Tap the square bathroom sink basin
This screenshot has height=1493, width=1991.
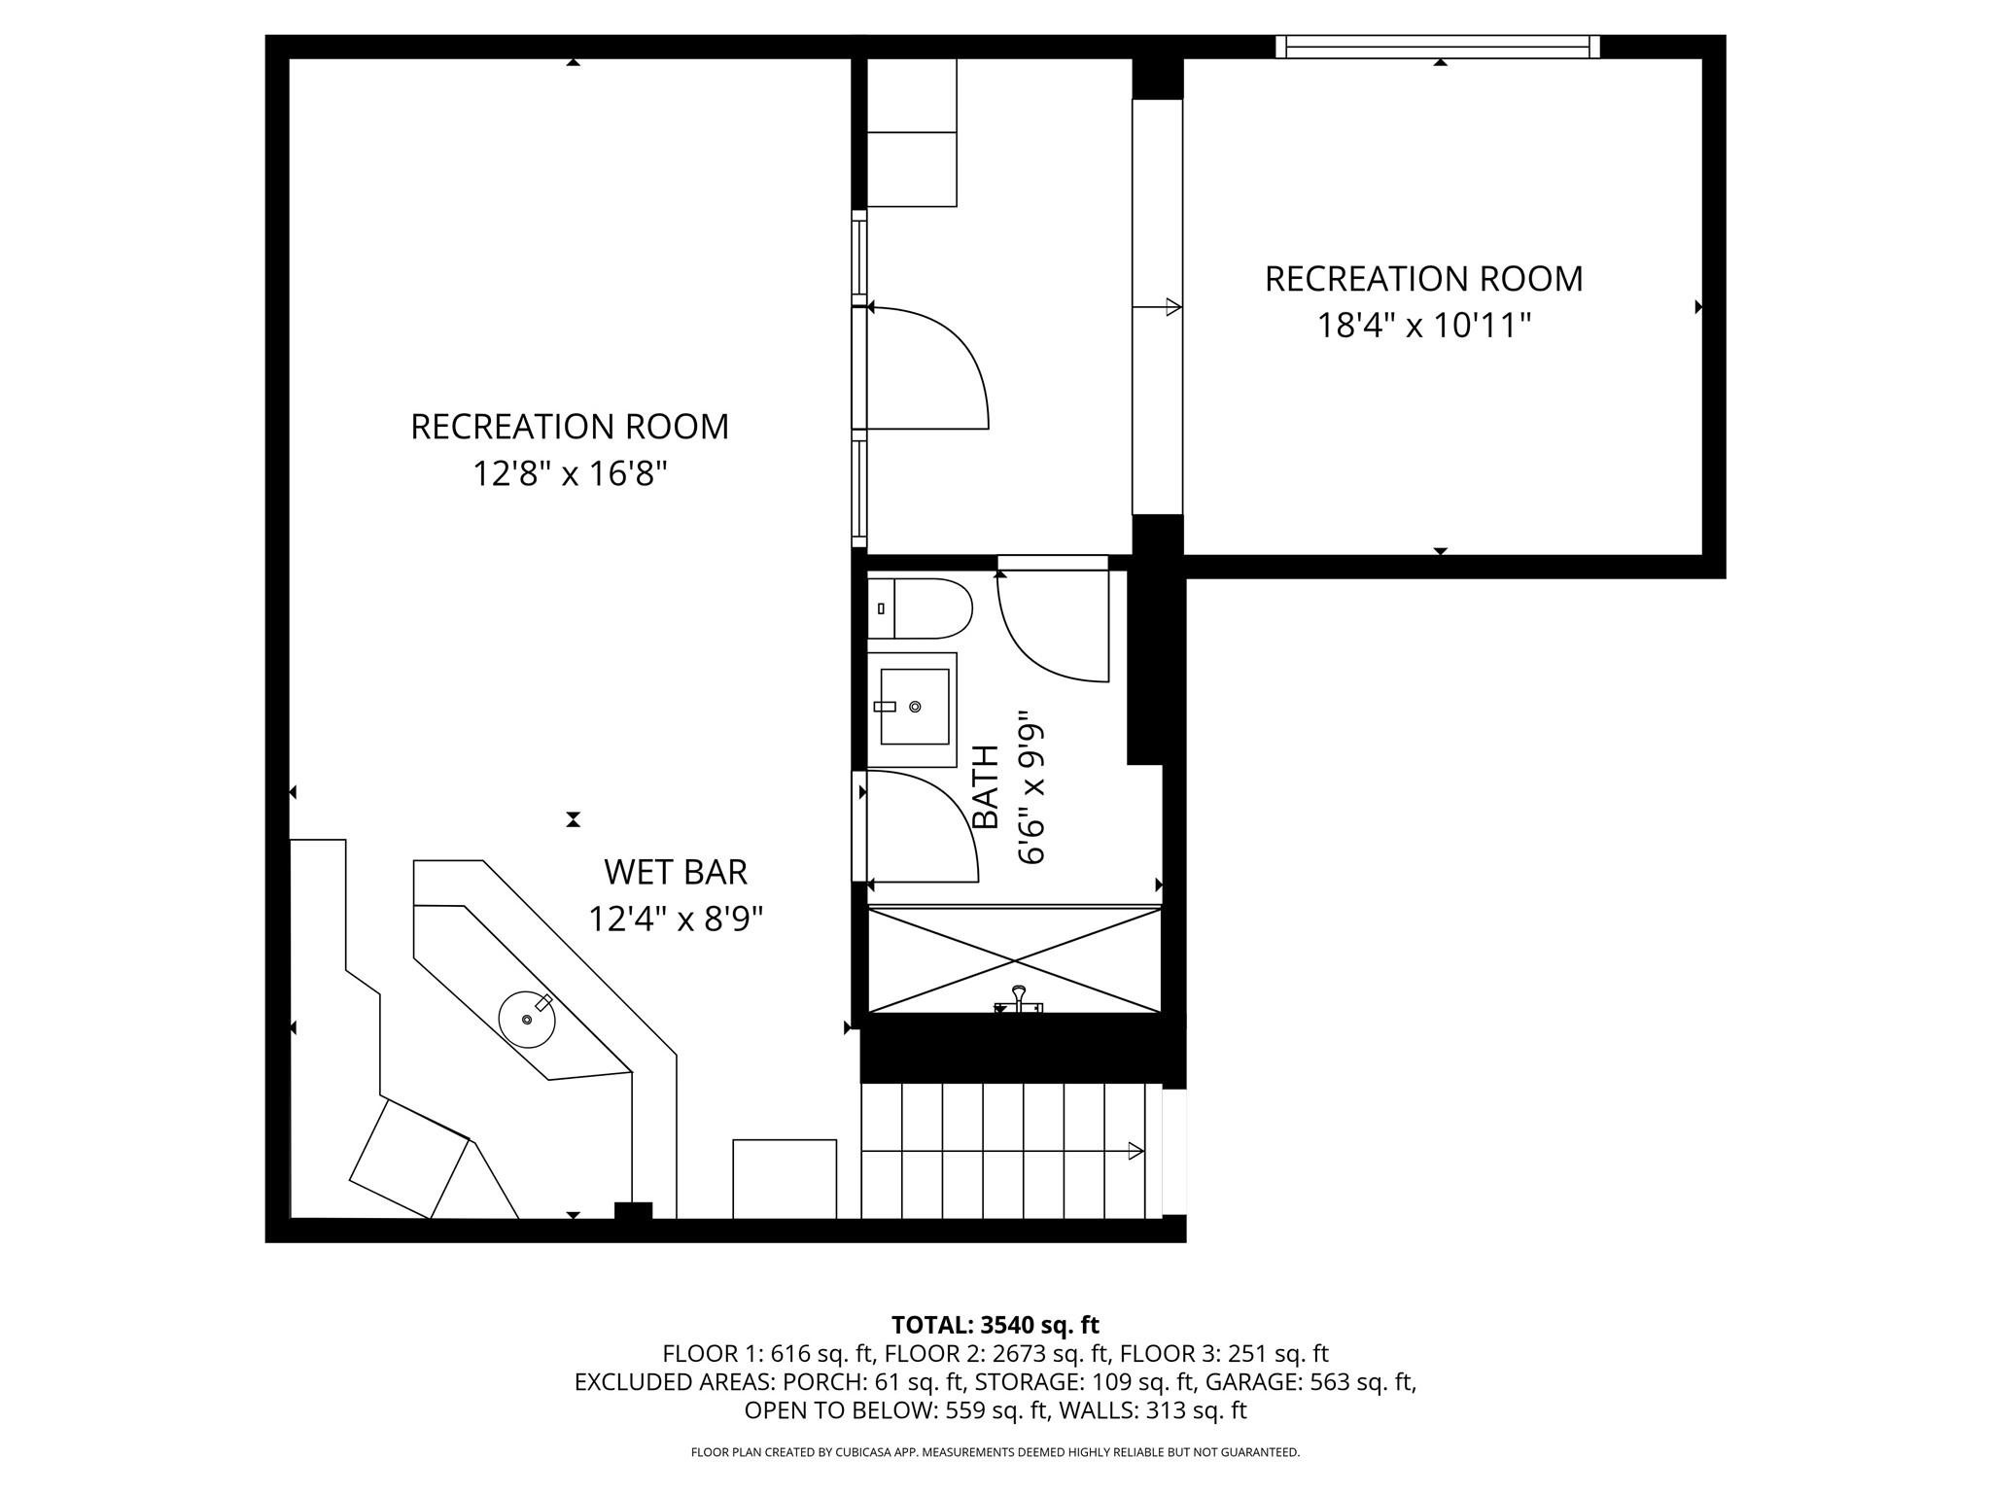[x=914, y=707]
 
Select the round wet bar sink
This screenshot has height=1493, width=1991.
[x=527, y=1019]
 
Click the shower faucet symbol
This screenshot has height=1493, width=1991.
[x=1018, y=1001]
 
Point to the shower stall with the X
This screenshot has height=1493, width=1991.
[x=1014, y=960]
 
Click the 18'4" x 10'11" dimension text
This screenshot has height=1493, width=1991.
[x=1423, y=326]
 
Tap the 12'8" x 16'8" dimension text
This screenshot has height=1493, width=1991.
[x=570, y=474]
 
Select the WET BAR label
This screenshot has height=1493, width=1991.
[x=675, y=872]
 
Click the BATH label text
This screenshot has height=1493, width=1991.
[x=986, y=787]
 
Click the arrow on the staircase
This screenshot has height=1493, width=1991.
[x=1135, y=1151]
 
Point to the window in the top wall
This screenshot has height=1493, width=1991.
[x=1437, y=46]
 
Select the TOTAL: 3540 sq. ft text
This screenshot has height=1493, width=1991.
[x=995, y=1325]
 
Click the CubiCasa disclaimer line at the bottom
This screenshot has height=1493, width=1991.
[x=995, y=1452]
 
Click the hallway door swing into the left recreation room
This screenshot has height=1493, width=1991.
[x=928, y=369]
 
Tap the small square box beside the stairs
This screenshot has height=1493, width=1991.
[x=784, y=1178]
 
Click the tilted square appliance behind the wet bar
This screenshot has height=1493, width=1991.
[x=408, y=1157]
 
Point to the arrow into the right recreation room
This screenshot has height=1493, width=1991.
[x=1170, y=307]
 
